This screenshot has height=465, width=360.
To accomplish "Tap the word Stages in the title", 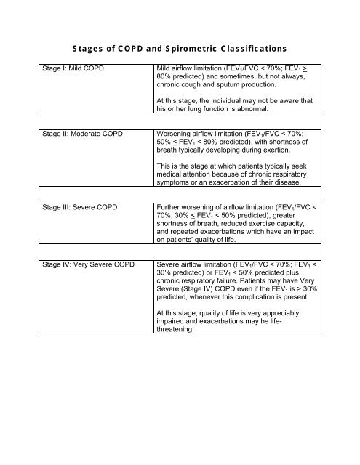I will pos(91,49).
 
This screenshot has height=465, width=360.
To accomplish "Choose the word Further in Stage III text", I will pos(172,208).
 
